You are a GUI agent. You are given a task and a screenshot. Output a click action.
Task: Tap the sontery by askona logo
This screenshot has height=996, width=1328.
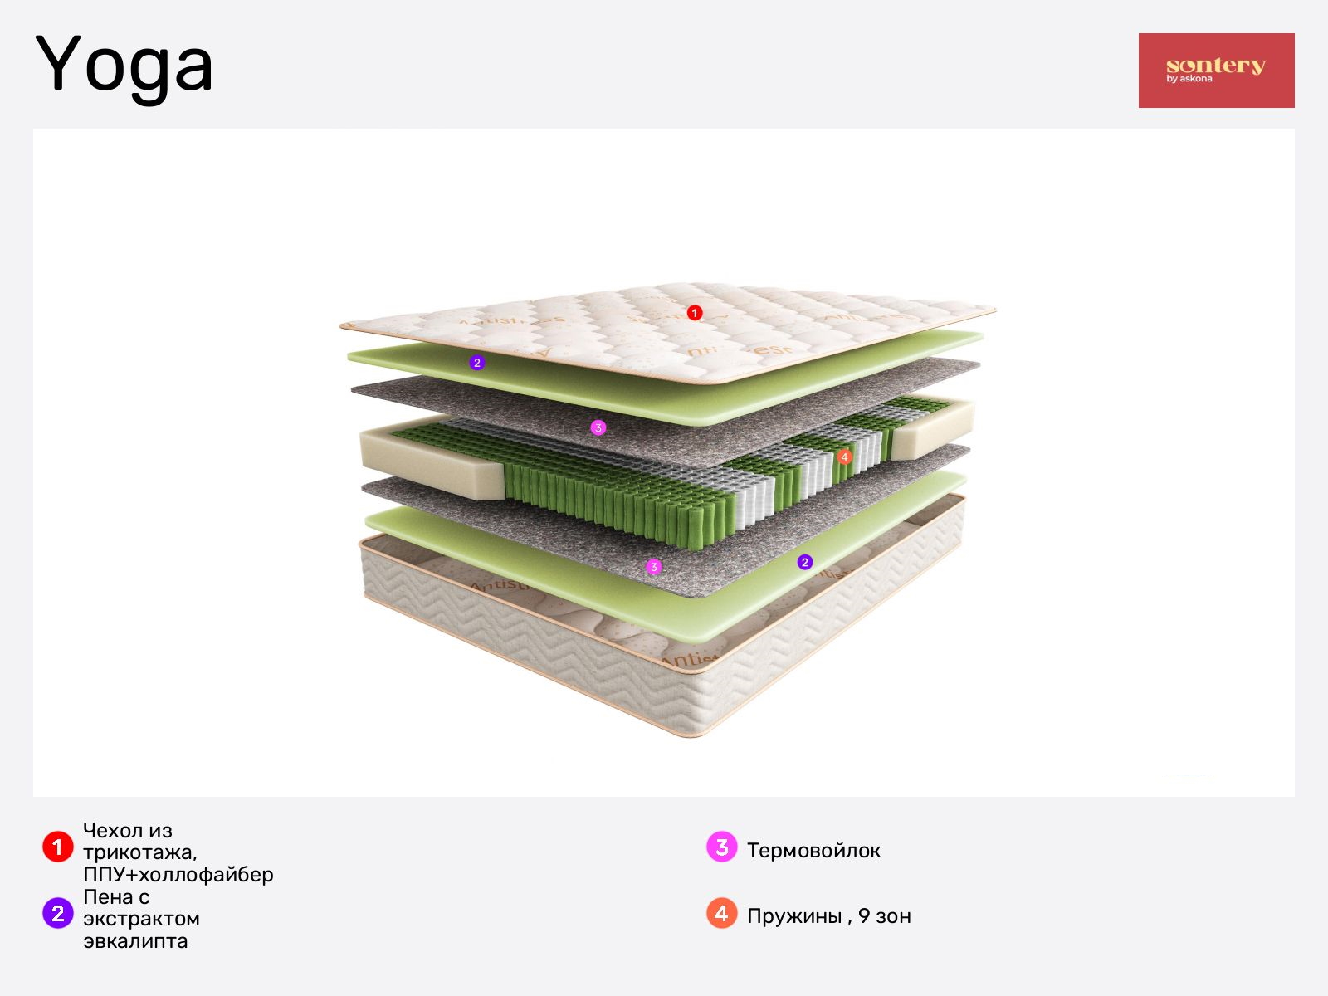pyautogui.click(x=1216, y=71)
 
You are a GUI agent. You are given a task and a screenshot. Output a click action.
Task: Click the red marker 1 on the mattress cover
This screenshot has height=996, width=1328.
pyautogui.click(x=695, y=313)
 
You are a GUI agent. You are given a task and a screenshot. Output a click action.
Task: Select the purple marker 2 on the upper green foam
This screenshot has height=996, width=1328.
pyautogui.click(x=476, y=363)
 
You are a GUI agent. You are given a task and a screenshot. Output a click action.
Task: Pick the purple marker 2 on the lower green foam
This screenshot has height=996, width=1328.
pyautogui.click(x=804, y=563)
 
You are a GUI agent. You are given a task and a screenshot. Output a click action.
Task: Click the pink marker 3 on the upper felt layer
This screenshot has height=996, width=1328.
pyautogui.click(x=598, y=428)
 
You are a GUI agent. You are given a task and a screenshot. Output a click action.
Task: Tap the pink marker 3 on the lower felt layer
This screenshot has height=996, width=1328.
pyautogui.click(x=653, y=567)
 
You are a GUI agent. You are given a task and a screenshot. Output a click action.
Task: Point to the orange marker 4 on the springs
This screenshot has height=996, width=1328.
pyautogui.click(x=844, y=457)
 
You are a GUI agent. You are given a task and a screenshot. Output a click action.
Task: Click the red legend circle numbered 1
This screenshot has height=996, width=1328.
pyautogui.click(x=58, y=847)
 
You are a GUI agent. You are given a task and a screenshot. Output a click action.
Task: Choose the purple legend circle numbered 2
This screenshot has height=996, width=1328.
pyautogui.click(x=58, y=912)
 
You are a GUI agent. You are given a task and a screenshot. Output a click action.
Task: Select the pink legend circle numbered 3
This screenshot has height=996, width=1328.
pyautogui.click(x=722, y=847)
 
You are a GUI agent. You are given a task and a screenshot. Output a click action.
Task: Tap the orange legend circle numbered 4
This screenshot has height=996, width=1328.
pyautogui.click(x=722, y=912)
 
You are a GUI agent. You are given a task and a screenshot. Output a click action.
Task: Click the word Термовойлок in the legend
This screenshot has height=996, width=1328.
pyautogui.click(x=813, y=850)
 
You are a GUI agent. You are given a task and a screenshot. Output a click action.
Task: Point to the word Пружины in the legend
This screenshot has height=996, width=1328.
pyautogui.click(x=794, y=917)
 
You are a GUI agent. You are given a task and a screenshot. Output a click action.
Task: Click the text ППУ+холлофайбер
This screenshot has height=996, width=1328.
pyautogui.click(x=178, y=875)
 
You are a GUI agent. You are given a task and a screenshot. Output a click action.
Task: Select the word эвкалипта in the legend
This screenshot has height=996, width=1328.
pyautogui.click(x=135, y=941)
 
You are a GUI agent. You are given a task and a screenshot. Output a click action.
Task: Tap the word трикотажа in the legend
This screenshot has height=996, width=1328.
pyautogui.click(x=139, y=852)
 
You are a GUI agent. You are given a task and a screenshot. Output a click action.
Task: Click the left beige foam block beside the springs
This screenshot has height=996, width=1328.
pyautogui.click(x=432, y=462)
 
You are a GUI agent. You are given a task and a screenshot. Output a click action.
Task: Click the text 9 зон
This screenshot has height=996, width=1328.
pyautogui.click(x=885, y=916)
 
